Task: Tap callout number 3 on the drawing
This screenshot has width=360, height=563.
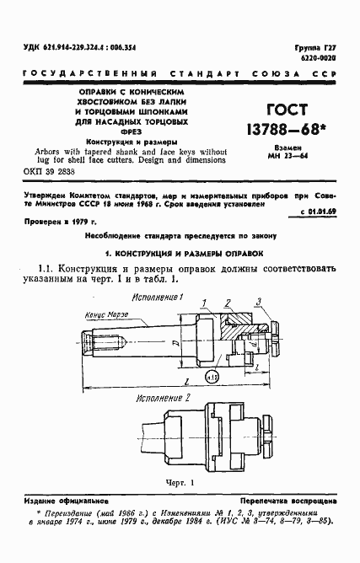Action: [261, 301]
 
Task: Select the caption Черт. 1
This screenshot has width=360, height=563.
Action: [177, 483]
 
